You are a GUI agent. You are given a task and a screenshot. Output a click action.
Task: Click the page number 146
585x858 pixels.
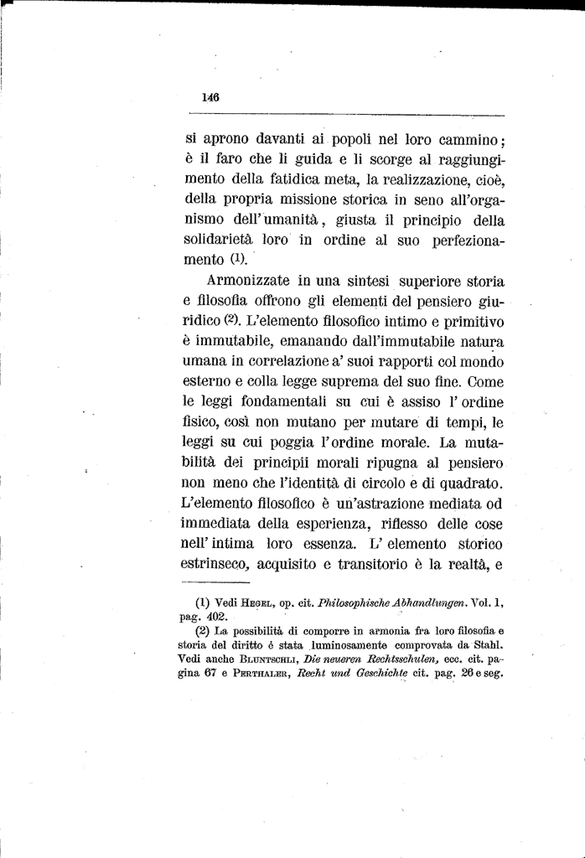(x=210, y=97)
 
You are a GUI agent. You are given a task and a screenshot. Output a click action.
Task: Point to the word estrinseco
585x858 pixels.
(x=217, y=566)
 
